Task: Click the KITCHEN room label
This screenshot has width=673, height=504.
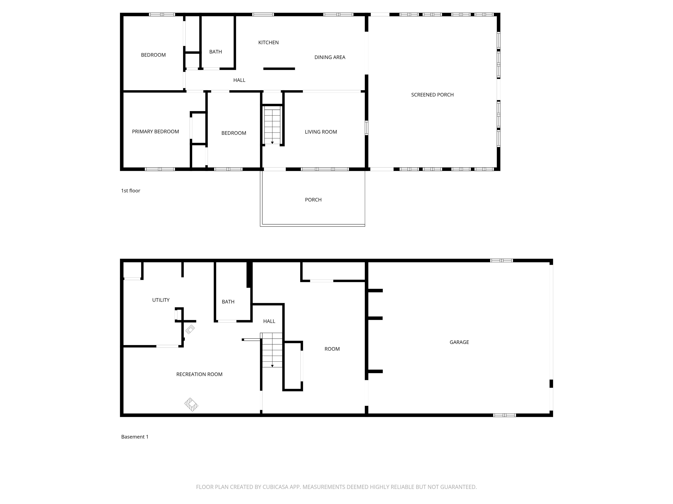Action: (x=268, y=42)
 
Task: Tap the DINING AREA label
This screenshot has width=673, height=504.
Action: (x=330, y=57)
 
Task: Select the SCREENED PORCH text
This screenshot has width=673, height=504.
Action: (x=432, y=95)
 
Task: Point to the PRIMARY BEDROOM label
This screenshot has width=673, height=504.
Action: (x=156, y=131)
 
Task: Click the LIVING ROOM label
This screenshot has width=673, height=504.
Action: (x=321, y=132)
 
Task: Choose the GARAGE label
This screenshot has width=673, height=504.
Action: (x=459, y=342)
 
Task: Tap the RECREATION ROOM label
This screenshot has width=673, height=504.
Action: (x=199, y=374)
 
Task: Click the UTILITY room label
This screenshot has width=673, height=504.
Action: (x=161, y=300)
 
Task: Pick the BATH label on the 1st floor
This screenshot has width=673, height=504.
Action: (x=215, y=52)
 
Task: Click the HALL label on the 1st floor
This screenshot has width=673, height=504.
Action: (x=239, y=80)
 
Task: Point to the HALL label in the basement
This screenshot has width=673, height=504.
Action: (x=269, y=321)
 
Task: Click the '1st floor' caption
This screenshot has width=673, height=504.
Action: (x=131, y=191)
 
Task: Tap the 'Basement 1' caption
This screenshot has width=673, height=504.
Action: (x=135, y=437)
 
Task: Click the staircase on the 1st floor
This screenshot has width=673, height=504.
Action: (x=272, y=125)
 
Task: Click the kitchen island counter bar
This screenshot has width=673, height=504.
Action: (x=279, y=69)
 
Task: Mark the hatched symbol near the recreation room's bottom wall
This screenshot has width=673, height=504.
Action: (x=191, y=405)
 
